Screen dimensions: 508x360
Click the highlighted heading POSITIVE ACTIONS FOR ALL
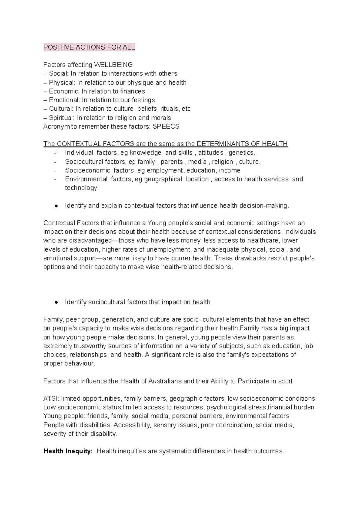(x=89, y=47)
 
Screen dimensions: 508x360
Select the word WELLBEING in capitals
(x=113, y=65)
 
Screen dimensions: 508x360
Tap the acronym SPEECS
(x=166, y=127)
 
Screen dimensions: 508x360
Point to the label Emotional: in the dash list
(x=64, y=100)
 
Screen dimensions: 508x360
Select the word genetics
(x=242, y=153)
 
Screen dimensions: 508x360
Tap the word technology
(x=82, y=188)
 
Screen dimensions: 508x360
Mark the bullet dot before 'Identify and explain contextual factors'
(x=56, y=206)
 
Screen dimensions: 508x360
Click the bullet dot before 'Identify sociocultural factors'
(x=56, y=302)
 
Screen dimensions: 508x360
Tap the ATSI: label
(x=52, y=399)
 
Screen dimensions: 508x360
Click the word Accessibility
(x=132, y=425)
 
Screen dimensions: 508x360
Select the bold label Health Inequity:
(x=68, y=451)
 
